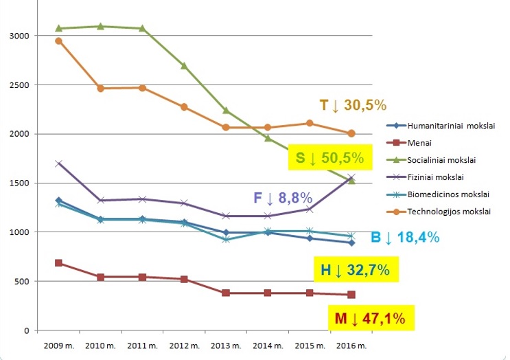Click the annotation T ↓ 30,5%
pyautogui.click(x=353, y=105)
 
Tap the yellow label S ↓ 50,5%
pyautogui.click(x=329, y=158)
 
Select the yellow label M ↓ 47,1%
pyautogui.click(x=369, y=318)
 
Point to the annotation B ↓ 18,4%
pyautogui.click(x=404, y=238)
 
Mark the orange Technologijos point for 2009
pyautogui.click(x=59, y=41)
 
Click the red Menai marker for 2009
pyautogui.click(x=59, y=263)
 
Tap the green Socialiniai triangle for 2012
pyautogui.click(x=184, y=66)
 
